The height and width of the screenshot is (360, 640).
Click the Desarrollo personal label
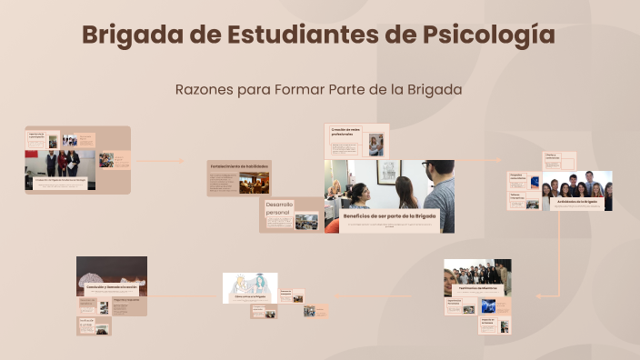tap(279, 208)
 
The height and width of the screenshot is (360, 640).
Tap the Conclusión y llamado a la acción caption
tap(112, 287)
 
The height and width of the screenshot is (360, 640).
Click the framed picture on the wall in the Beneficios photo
tap(388, 171)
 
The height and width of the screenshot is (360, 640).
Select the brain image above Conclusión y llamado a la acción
tap(112, 268)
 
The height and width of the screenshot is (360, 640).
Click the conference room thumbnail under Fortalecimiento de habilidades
tap(254, 183)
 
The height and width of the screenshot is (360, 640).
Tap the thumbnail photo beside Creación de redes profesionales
tap(375, 145)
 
